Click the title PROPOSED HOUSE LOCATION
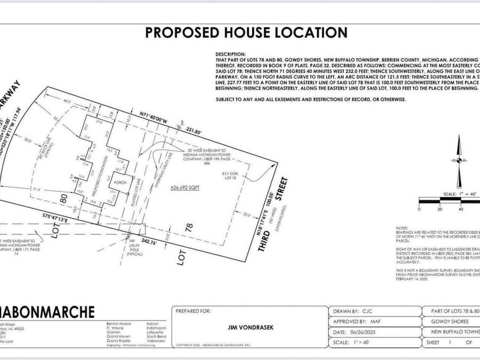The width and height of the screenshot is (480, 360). pos(246,32)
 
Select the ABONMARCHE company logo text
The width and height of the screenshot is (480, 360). pos(47,312)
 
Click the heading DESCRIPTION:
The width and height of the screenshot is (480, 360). pos(231,55)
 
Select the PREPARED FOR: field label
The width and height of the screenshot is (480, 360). pos(196,310)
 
